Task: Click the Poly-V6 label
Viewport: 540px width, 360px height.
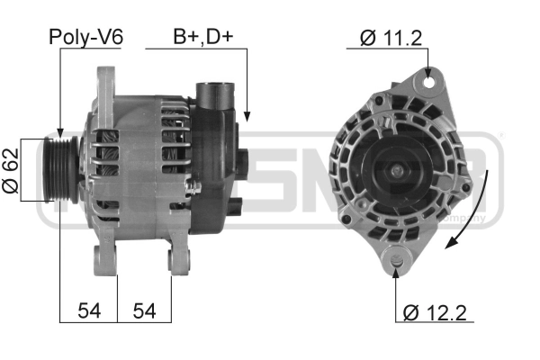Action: (x=86, y=37)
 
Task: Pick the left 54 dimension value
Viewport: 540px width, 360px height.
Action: (x=89, y=311)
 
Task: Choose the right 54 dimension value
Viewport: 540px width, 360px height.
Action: (x=144, y=311)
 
